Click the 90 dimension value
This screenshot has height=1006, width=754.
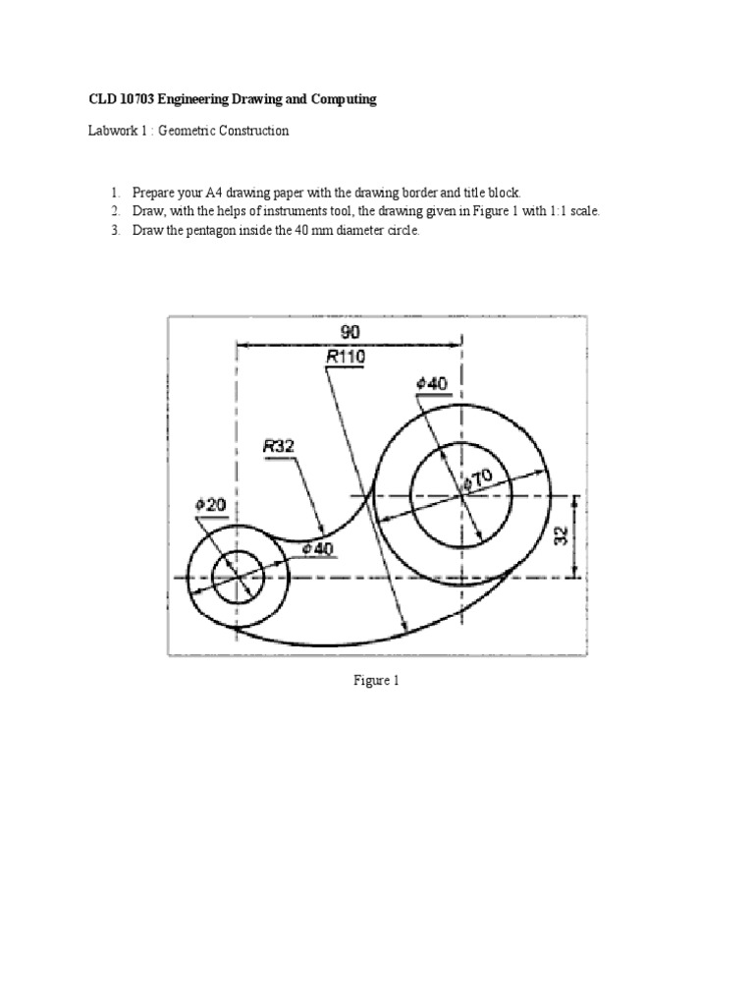coord(350,333)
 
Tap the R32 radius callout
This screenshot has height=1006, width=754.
coord(278,445)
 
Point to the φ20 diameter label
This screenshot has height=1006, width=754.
coord(210,504)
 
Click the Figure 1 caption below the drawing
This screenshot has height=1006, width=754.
coord(376,681)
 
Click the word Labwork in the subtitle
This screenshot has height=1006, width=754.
coord(109,131)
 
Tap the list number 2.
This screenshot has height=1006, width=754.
coord(114,211)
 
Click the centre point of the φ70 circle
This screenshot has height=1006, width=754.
coord(461,495)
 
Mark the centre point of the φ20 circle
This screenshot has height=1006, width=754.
coord(236,577)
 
